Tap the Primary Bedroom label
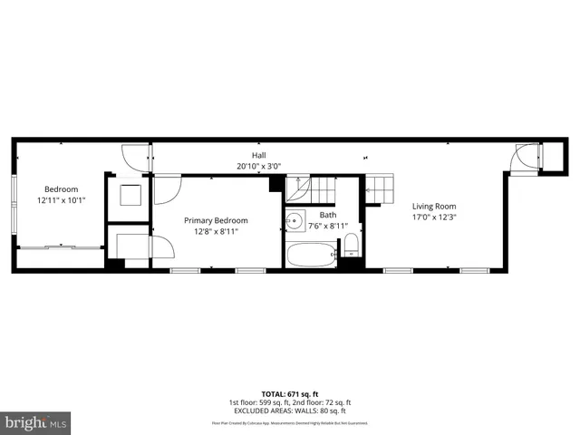[x=216, y=220]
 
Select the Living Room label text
[x=434, y=206]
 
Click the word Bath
[x=327, y=215]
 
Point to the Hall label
[x=258, y=156]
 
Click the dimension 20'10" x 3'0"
[x=259, y=167]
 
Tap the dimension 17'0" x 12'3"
[x=434, y=217]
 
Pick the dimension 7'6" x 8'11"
[x=328, y=226]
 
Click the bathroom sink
[x=296, y=222]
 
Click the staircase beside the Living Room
[x=381, y=191]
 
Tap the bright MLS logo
[x=36, y=422]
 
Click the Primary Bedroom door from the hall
[x=167, y=189]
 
